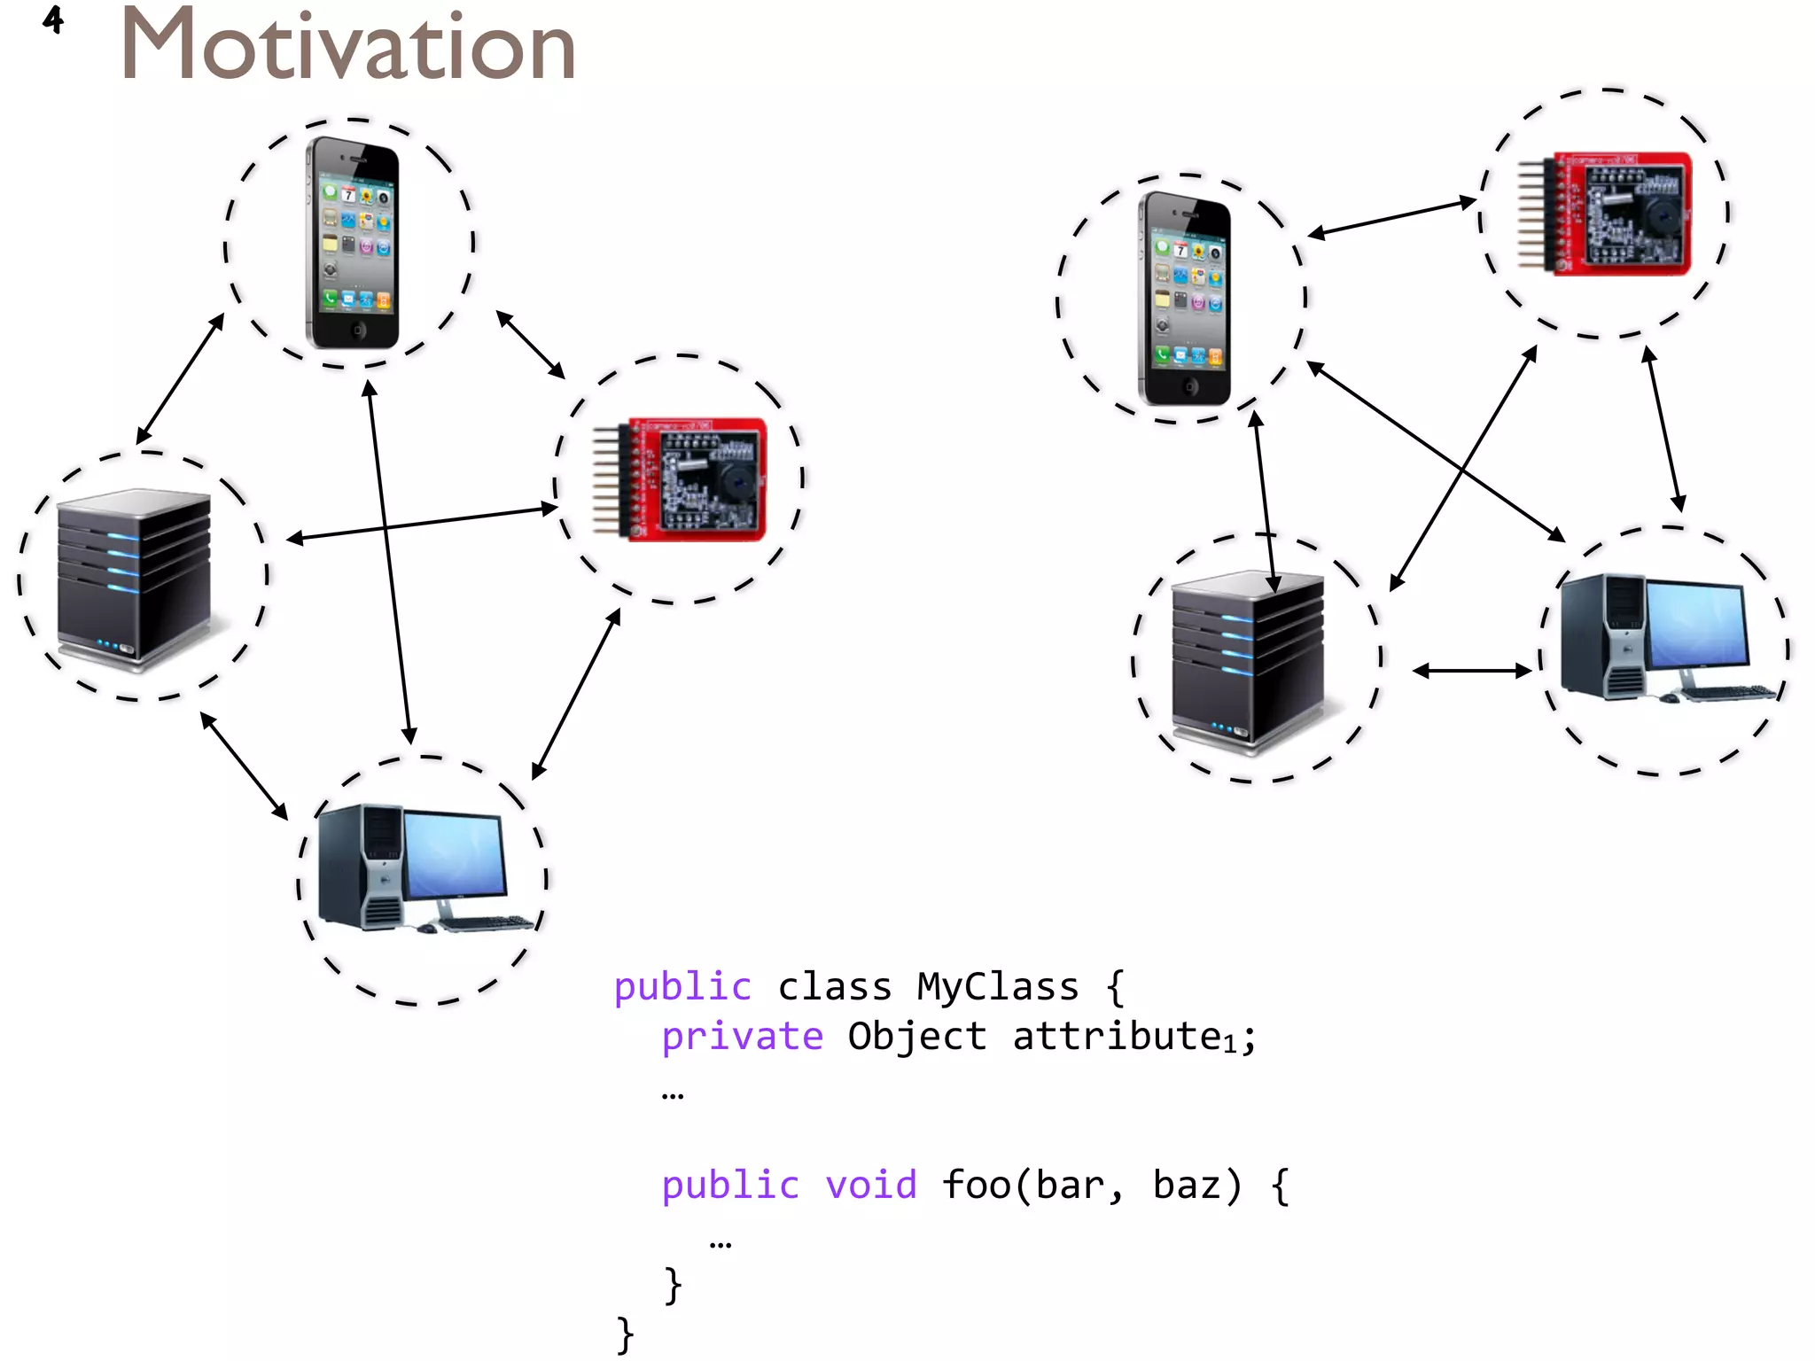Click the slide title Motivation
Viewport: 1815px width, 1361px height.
click(x=347, y=46)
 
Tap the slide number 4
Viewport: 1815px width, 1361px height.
click(x=53, y=19)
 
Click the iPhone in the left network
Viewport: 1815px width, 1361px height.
click(x=352, y=243)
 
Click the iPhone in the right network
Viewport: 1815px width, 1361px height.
click(x=1184, y=299)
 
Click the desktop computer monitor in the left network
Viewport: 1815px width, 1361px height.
click(x=456, y=855)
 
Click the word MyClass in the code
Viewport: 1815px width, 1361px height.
click(x=998, y=986)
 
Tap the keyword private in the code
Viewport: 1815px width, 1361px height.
click(x=743, y=1036)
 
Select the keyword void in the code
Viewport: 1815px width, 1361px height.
click(x=871, y=1185)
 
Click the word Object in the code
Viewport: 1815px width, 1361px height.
click(x=917, y=1036)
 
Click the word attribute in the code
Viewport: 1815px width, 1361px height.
click(x=1117, y=1036)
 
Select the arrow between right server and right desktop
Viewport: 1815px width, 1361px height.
click(x=1472, y=671)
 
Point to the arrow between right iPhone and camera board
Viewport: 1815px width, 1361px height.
click(x=1392, y=218)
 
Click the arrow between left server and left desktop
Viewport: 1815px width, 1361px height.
click(x=244, y=766)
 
